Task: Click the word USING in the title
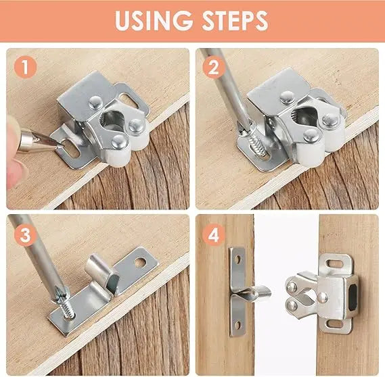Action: click(151, 21)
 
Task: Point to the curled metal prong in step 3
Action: click(101, 274)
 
